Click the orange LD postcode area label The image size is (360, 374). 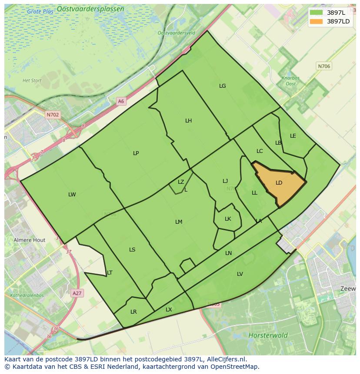coord(279,183)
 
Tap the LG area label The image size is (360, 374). coord(223,86)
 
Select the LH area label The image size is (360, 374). coord(188,121)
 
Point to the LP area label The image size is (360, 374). coord(136,153)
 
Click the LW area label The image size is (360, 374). coord(72,195)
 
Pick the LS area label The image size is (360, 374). coord(132,250)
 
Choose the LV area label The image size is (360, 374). coord(240,274)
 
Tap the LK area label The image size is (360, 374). coord(228,219)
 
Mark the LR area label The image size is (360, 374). coord(133,312)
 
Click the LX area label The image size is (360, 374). coord(169,310)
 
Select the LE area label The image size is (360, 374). coord(293,136)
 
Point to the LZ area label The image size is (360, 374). coord(181,182)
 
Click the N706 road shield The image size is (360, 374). coord(324,66)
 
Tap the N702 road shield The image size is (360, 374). coord(53,115)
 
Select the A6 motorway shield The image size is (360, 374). coord(121,101)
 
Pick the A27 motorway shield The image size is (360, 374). coord(77,293)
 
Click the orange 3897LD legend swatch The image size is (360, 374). coord(317,21)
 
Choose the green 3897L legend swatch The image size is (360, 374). coord(317,13)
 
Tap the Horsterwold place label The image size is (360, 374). coord(268,335)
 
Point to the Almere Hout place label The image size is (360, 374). coord(30,240)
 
